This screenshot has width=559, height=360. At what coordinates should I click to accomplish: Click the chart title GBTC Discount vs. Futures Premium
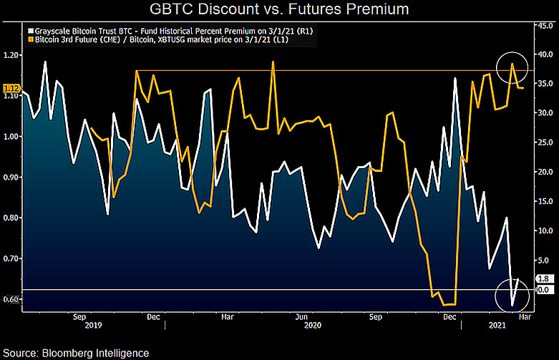click(279, 9)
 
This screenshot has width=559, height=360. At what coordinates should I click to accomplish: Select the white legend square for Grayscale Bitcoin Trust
click(31, 31)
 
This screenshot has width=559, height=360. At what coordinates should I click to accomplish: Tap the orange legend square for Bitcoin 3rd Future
click(31, 39)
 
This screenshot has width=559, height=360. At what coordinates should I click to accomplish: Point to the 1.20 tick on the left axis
click(10, 55)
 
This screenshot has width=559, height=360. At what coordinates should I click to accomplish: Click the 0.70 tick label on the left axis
click(10, 258)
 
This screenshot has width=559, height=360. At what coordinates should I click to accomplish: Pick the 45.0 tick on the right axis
click(545, 25)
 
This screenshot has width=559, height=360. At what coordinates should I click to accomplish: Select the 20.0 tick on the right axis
click(545, 172)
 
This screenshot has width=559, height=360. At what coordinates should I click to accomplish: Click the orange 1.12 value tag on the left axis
click(11, 89)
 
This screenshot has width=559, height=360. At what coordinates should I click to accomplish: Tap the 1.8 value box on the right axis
click(544, 278)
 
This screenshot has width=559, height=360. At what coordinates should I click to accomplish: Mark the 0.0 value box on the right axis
click(544, 290)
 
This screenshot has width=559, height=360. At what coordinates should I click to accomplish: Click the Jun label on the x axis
click(301, 317)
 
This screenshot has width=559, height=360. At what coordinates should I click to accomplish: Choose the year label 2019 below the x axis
click(93, 326)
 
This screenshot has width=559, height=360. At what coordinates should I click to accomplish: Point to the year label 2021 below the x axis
click(497, 326)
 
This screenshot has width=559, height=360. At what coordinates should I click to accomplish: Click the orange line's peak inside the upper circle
click(512, 64)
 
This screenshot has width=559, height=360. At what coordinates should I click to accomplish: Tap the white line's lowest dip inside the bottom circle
click(512, 305)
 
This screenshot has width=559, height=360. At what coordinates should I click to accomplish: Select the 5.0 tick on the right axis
click(544, 261)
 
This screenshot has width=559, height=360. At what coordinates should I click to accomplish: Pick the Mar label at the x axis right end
click(525, 317)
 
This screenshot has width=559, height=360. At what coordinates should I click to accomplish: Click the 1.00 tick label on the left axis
click(10, 136)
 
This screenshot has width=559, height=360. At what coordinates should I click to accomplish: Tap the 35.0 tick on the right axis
click(545, 84)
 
